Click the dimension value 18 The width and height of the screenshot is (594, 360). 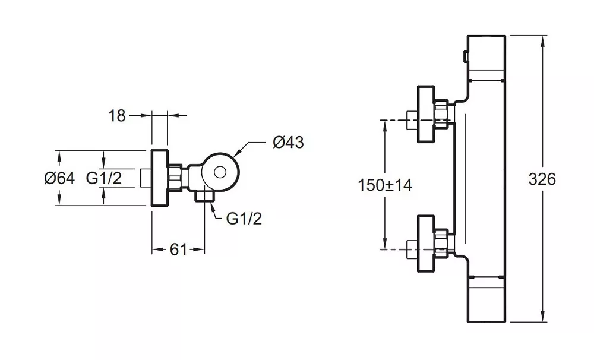(x=116, y=116)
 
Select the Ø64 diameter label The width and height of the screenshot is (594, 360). (x=60, y=178)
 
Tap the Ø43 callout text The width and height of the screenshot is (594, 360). (x=288, y=142)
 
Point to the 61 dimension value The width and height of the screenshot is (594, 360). (x=178, y=250)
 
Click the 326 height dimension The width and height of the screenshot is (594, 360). (x=542, y=179)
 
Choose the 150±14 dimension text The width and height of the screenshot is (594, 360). (x=384, y=185)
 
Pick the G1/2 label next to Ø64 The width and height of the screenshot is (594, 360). (x=104, y=178)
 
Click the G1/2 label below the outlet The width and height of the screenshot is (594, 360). (x=244, y=219)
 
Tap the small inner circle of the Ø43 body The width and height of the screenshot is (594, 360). (x=220, y=172)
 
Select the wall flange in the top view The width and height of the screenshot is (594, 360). (x=159, y=178)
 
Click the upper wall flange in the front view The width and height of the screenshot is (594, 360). (x=426, y=114)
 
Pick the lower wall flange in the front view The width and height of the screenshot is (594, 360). (x=426, y=244)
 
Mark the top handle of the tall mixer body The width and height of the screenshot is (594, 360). (x=486, y=58)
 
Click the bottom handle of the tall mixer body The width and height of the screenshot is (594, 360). (x=486, y=299)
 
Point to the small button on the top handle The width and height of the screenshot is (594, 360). (x=465, y=56)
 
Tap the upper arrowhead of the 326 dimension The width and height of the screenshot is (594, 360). (x=544, y=41)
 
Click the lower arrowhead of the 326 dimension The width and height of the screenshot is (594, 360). (x=544, y=317)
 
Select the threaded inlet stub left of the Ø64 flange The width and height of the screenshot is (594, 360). (x=146, y=178)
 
